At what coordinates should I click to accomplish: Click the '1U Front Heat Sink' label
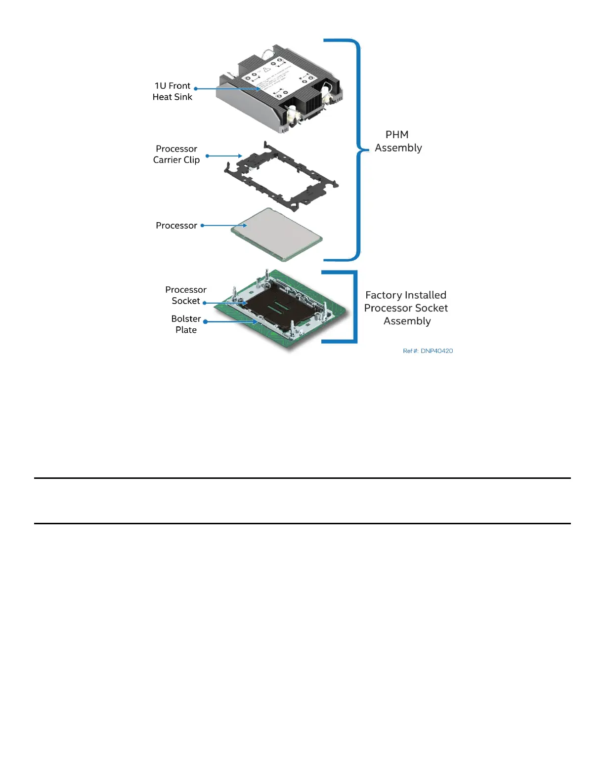click(172, 91)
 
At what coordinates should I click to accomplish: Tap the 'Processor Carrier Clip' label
click(176, 154)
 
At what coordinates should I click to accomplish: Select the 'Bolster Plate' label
click(186, 324)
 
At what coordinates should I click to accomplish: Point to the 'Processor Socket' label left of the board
click(186, 295)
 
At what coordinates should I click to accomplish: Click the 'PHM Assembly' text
click(398, 141)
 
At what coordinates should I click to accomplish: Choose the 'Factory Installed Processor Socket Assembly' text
click(406, 308)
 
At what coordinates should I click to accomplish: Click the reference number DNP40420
click(428, 351)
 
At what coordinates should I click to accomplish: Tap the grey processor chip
click(280, 232)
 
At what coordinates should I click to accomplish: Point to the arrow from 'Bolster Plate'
click(231, 322)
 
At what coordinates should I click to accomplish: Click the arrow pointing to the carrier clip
click(224, 156)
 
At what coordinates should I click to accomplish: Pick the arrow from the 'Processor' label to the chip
click(224, 226)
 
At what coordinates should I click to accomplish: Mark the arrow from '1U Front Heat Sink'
click(227, 89)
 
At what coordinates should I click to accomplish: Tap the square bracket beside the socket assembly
click(354, 306)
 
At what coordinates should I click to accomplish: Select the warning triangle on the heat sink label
click(267, 70)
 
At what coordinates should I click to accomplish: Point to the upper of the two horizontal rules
click(302, 478)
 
